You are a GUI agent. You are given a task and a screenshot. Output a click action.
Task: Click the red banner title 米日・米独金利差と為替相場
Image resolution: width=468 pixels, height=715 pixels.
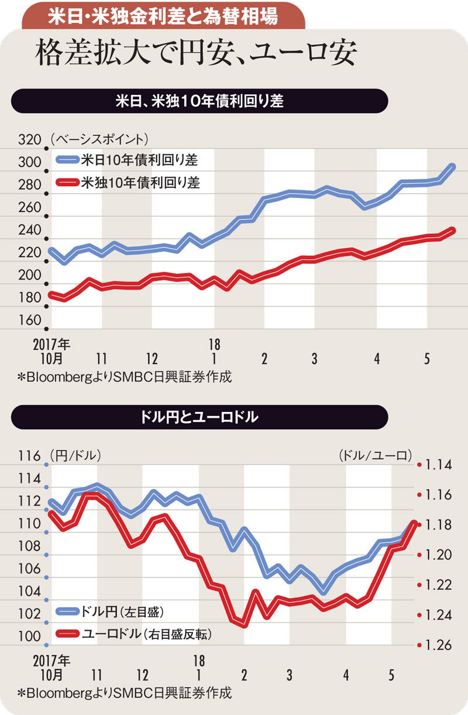[163, 16]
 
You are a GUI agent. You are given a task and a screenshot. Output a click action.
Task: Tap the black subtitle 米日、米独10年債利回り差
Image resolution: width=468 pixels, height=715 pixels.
[199, 101]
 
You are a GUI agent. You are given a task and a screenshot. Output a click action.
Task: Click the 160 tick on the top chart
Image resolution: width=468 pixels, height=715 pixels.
[30, 321]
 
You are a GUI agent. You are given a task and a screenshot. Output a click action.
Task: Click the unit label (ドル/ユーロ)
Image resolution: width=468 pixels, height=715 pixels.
[375, 455]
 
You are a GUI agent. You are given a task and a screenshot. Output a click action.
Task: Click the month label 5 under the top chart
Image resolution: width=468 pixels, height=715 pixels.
[428, 358]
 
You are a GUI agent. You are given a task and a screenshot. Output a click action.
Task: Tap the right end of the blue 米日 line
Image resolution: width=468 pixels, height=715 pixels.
[453, 167]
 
